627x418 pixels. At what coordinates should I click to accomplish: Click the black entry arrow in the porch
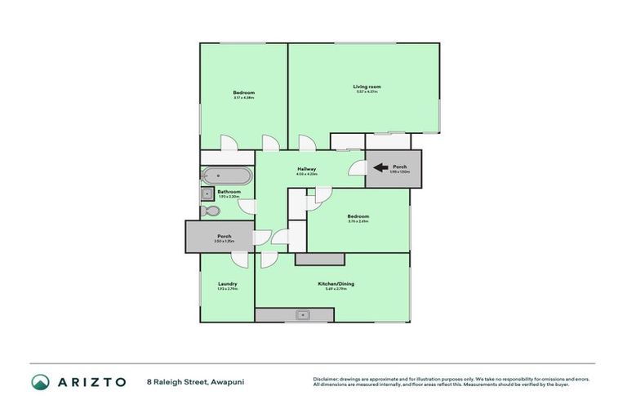380,168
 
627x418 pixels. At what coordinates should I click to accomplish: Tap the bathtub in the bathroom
228,176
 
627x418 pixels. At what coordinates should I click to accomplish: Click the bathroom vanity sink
206,193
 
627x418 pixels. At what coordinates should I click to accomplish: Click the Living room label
367,87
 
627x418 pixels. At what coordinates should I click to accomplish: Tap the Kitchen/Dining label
336,284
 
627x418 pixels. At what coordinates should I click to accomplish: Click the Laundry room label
227,284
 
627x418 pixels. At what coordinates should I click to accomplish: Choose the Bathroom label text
229,192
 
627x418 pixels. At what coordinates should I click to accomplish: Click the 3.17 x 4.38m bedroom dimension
243,98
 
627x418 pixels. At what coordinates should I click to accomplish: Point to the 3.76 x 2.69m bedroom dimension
358,221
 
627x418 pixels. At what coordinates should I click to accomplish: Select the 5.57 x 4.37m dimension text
367,92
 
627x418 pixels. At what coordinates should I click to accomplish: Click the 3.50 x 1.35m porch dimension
224,242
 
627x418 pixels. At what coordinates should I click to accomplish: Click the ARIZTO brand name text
91,382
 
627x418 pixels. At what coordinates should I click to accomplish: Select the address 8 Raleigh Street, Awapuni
195,382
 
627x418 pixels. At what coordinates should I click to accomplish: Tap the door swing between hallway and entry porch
356,169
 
